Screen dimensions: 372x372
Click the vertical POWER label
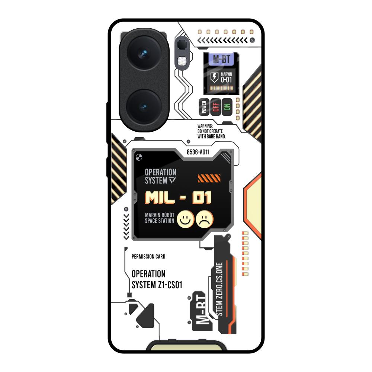[204, 107]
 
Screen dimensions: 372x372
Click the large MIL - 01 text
[178, 198]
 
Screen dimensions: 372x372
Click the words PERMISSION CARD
[148, 257]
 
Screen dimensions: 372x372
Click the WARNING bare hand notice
[211, 131]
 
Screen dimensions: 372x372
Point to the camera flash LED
[182, 61]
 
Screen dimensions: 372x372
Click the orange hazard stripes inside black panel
[209, 178]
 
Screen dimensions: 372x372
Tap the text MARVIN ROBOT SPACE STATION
[159, 218]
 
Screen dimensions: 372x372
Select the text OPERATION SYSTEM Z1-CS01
[157, 279]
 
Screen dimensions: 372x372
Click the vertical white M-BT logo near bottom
[201, 312]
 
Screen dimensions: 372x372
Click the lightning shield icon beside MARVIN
[215, 77]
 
